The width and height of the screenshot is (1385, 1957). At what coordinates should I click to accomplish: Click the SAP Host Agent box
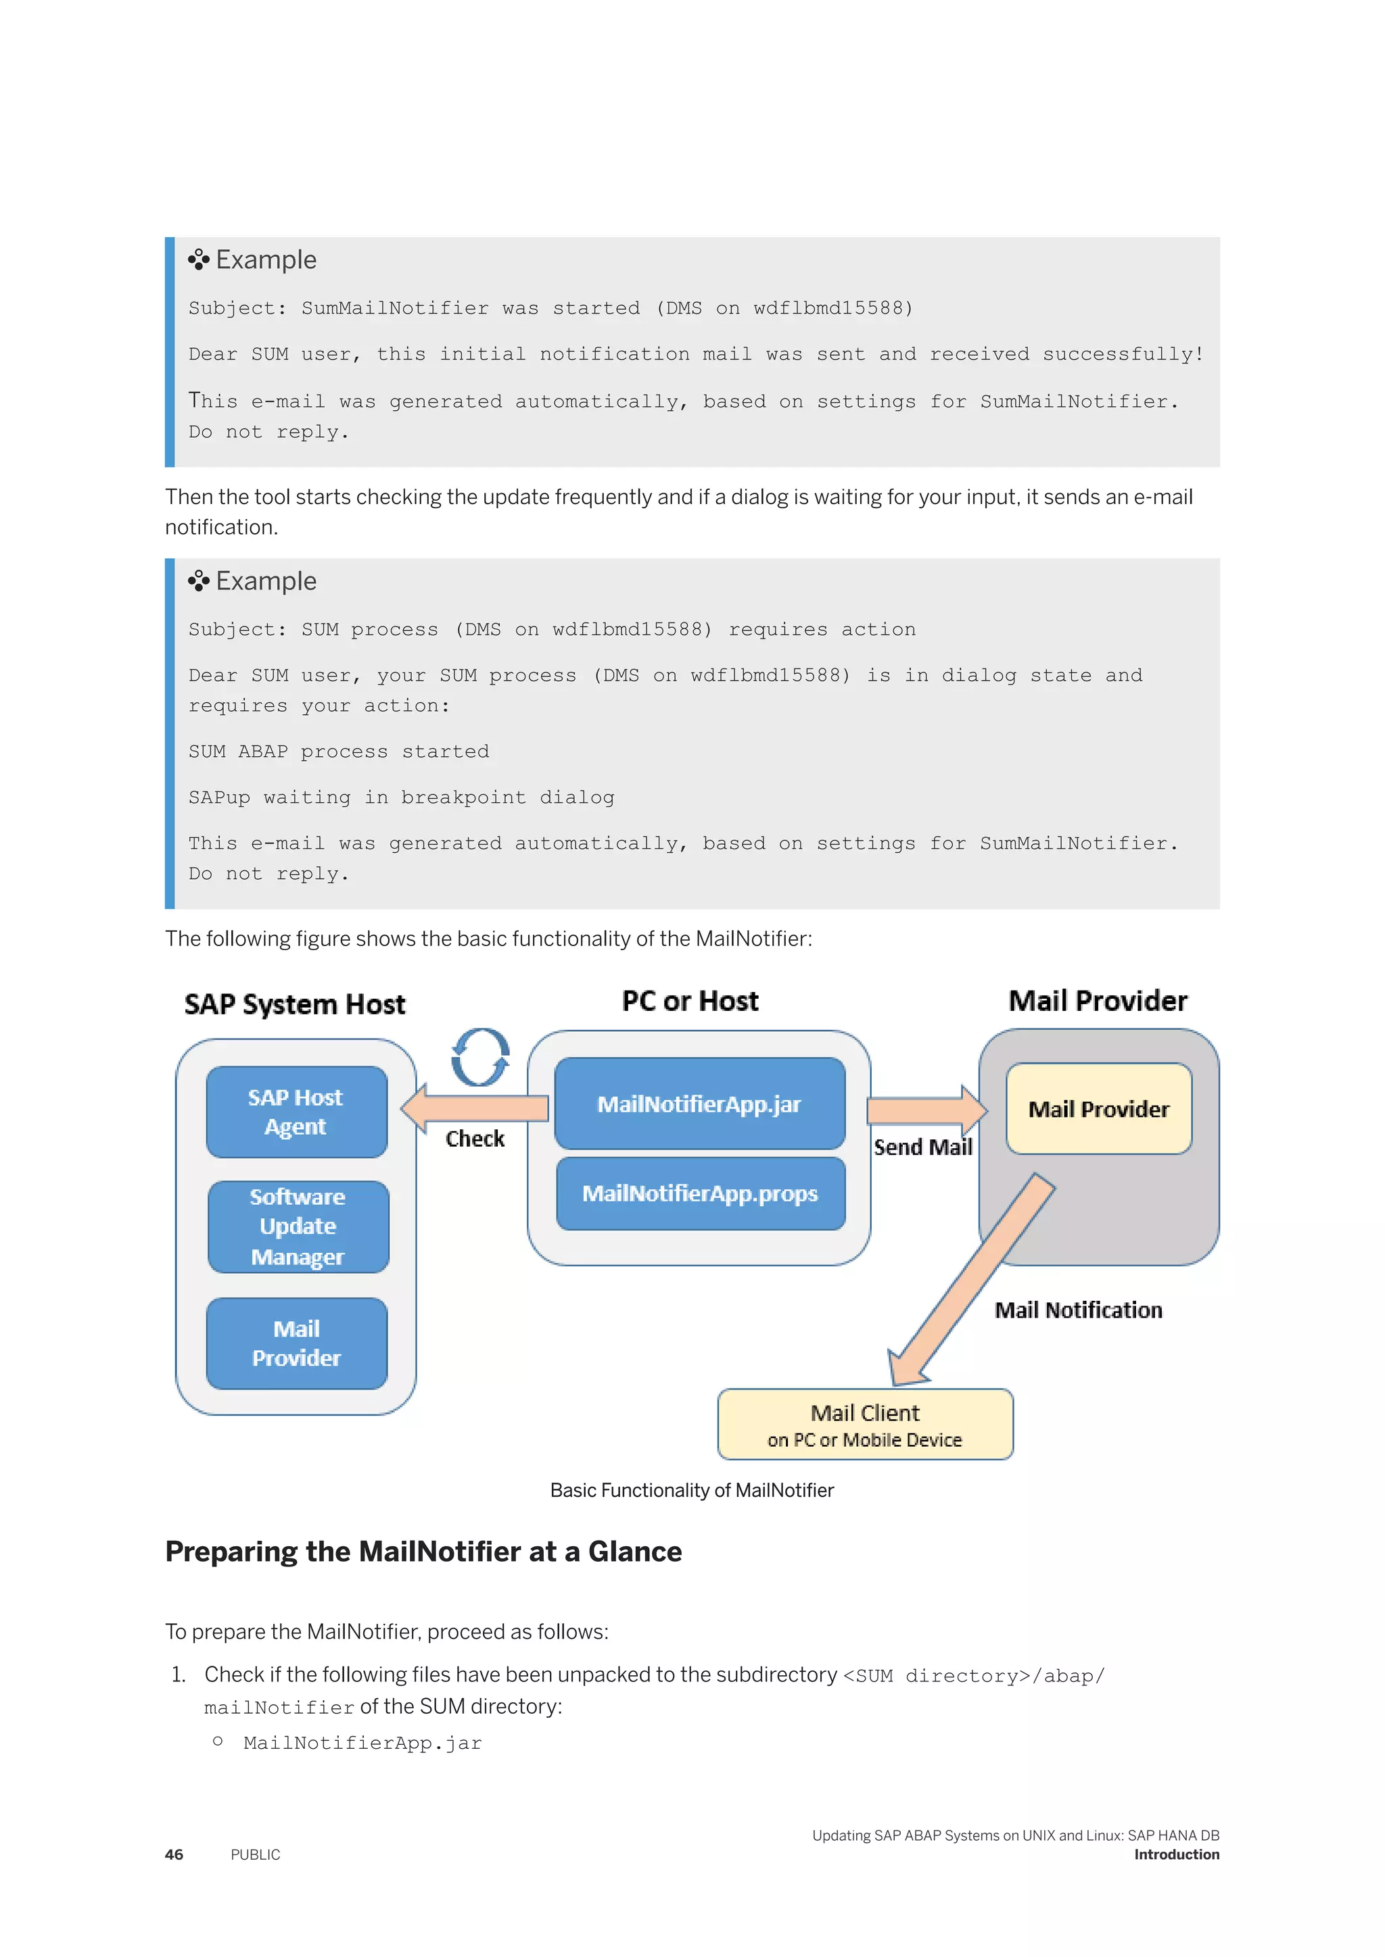(296, 1112)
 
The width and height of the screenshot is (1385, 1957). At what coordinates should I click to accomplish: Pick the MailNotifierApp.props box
(699, 1193)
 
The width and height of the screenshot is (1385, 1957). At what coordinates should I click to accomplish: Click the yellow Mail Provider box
(1098, 1109)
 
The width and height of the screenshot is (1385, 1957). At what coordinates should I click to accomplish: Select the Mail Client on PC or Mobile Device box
(865, 1425)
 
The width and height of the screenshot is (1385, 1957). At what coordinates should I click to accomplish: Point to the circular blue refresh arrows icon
(480, 1057)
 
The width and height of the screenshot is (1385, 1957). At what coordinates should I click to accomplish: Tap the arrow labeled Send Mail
(925, 1111)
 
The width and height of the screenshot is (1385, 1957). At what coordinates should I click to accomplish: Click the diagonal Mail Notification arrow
(972, 1279)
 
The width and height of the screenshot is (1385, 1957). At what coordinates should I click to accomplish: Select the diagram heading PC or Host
(689, 1001)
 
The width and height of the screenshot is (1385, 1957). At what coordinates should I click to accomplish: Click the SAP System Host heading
(294, 1004)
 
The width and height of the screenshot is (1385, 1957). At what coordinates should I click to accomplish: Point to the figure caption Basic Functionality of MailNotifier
(692, 1490)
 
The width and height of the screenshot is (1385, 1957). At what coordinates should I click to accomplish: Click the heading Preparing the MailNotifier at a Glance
(423, 1552)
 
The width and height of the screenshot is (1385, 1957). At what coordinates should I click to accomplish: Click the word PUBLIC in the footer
(255, 1855)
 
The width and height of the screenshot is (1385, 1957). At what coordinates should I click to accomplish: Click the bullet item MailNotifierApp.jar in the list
(362, 1743)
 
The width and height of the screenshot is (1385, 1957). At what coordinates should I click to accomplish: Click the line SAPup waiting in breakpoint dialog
(401, 797)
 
